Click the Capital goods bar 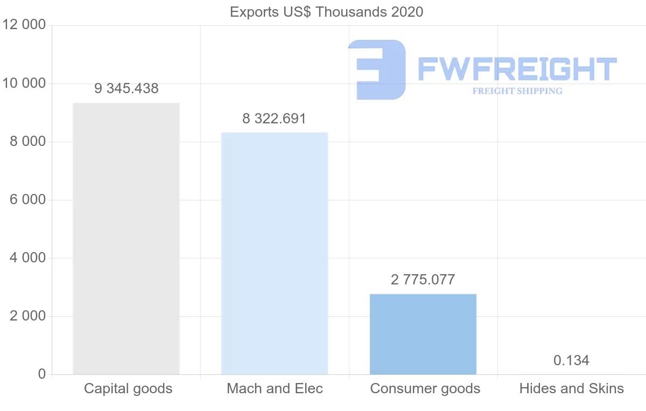[x=126, y=238]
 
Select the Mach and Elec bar [x=275, y=253]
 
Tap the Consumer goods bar [x=423, y=334]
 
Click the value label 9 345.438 [x=127, y=89]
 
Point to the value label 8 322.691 [x=275, y=119]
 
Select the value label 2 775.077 [x=423, y=280]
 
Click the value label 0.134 [x=571, y=360]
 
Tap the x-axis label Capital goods [x=128, y=388]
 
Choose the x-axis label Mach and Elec [x=275, y=388]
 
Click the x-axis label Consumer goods [x=425, y=388]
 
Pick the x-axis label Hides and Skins [x=572, y=388]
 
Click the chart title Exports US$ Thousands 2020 [x=326, y=12]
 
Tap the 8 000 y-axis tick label [x=27, y=142]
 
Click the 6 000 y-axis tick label [x=27, y=200]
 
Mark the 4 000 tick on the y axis [x=27, y=258]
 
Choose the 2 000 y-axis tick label [x=27, y=316]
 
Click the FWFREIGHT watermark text [x=517, y=69]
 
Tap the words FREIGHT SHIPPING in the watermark [x=517, y=91]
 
